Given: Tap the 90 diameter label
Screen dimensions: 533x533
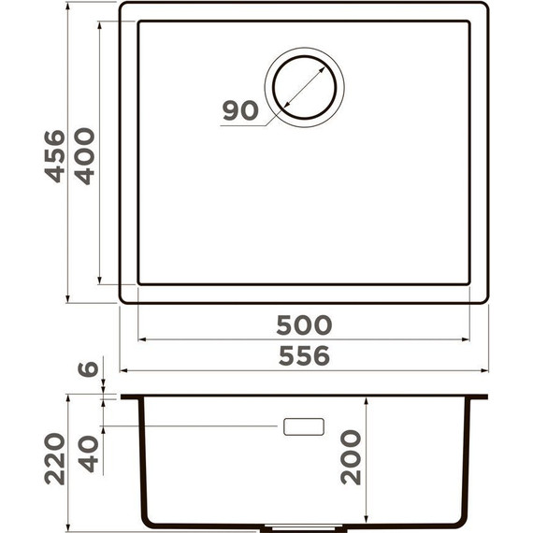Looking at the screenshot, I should [x=240, y=110].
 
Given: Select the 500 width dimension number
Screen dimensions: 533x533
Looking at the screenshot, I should [x=304, y=325].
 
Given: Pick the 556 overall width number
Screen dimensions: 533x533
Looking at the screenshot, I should [x=304, y=355].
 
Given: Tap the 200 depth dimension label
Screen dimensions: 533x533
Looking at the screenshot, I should [x=351, y=456].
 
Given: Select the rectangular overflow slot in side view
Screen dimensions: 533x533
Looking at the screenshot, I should [x=303, y=426].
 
